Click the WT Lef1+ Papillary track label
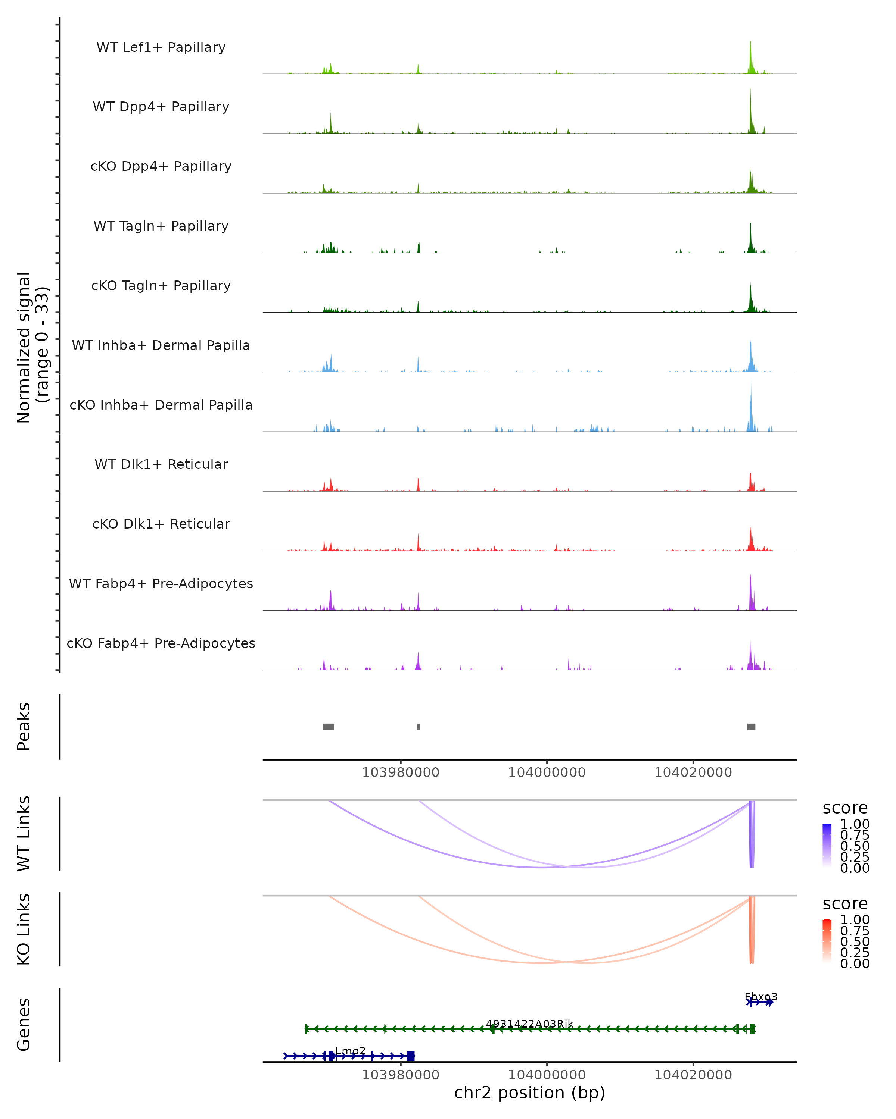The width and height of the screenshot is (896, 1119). point(161,47)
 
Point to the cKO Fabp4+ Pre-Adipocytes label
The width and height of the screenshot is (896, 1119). point(161,643)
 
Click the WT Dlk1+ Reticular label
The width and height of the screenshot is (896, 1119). point(161,464)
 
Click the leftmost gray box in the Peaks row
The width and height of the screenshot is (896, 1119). point(328,727)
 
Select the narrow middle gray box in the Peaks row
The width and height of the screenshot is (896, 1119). point(419,727)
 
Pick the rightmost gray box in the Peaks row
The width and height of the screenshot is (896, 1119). point(751,727)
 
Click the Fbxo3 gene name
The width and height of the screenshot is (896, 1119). point(760,997)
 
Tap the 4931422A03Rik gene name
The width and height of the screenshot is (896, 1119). point(529,1024)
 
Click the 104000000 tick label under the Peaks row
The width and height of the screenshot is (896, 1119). point(547,772)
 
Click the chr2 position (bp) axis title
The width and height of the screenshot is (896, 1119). point(529,1093)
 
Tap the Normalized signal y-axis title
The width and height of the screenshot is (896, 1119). point(32,347)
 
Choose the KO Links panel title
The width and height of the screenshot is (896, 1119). point(24,929)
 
